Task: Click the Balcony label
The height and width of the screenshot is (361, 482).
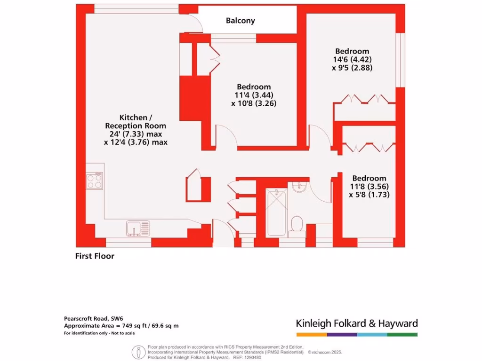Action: [240, 21]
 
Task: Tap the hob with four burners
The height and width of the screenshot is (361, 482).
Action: [95, 181]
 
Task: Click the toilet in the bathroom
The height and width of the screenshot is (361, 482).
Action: [297, 224]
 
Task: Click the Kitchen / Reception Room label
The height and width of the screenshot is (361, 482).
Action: [136, 121]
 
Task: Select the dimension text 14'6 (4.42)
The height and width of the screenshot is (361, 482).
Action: [352, 59]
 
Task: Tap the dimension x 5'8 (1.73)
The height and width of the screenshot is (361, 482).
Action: [370, 194]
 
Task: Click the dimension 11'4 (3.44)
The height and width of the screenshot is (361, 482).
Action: [254, 95]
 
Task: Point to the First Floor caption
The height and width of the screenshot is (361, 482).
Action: [95, 256]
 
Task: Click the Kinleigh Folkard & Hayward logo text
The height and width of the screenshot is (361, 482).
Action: [356, 323]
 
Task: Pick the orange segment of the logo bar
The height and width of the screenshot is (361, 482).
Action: [311, 334]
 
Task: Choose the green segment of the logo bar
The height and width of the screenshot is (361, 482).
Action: [402, 334]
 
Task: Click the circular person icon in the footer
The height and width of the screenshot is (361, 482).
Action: [137, 352]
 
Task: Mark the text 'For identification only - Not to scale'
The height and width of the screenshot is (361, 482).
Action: [99, 333]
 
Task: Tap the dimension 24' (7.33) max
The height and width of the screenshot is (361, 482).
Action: [136, 134]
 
